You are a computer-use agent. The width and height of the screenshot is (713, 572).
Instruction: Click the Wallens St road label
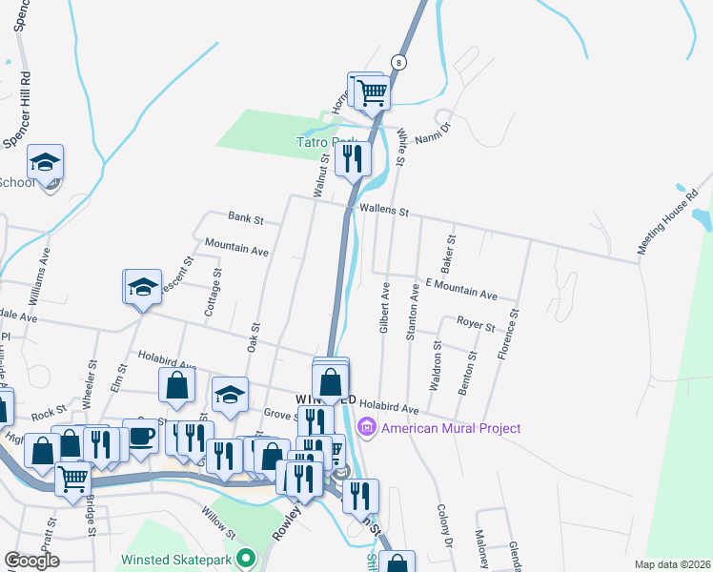tap(383, 210)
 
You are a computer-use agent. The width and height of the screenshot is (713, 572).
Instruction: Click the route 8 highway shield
tap(399, 61)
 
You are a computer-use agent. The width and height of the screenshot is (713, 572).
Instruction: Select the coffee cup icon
tap(141, 436)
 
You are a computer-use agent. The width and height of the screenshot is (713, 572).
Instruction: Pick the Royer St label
tap(476, 326)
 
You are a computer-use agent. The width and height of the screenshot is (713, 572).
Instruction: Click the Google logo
tap(31, 561)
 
